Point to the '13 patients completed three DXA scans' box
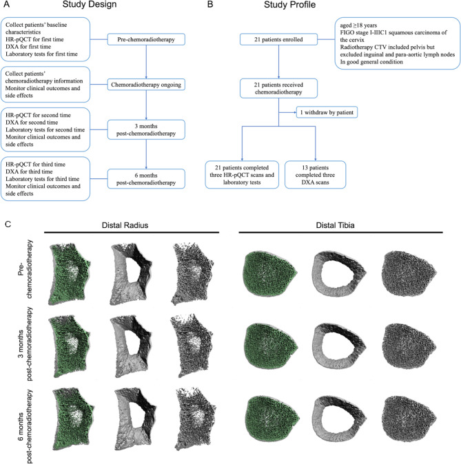coord(316,170)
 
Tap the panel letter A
coord(8,8)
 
